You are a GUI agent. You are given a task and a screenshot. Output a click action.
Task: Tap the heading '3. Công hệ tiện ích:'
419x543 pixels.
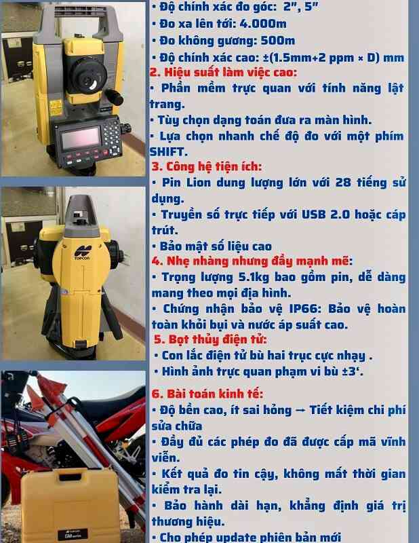pos(206,166)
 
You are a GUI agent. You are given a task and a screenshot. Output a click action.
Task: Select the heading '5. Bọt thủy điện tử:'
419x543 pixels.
pos(210,339)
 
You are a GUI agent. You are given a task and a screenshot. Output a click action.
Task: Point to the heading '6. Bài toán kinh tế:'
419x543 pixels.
pos(207,394)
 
